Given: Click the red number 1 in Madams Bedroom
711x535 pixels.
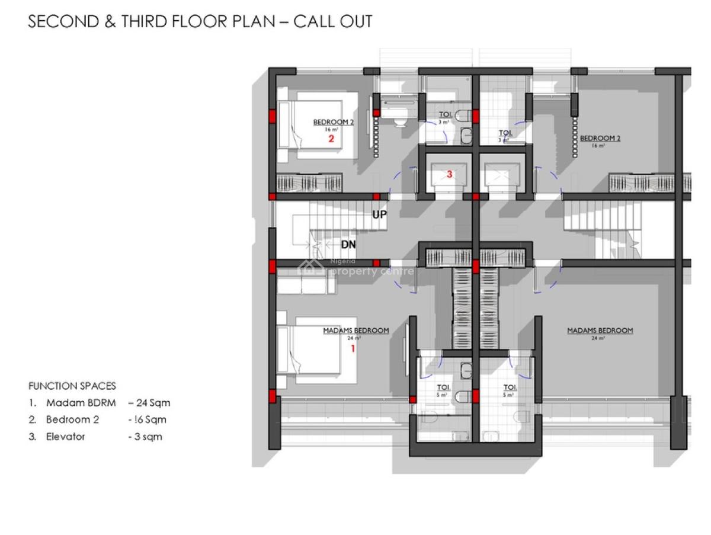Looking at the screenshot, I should point(353,349).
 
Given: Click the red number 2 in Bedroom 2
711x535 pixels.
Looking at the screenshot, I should point(332,139).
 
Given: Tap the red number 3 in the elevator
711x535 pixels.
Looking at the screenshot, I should point(450,174).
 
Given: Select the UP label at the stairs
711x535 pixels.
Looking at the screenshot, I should point(379,214).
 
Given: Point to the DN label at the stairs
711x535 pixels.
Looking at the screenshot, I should point(348,244).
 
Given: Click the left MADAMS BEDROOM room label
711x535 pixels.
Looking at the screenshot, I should point(355,331).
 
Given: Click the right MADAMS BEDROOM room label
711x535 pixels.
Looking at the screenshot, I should point(600,331).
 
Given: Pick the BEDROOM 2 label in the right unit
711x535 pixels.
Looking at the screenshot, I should point(600,139).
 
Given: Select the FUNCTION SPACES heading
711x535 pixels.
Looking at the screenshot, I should point(72,386).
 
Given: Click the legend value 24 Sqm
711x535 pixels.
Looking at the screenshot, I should point(149,403).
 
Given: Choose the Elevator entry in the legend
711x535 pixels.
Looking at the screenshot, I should point(66,437).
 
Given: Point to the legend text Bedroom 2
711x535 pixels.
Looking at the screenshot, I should point(73,419).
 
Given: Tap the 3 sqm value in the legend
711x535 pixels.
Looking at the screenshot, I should point(145,437).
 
